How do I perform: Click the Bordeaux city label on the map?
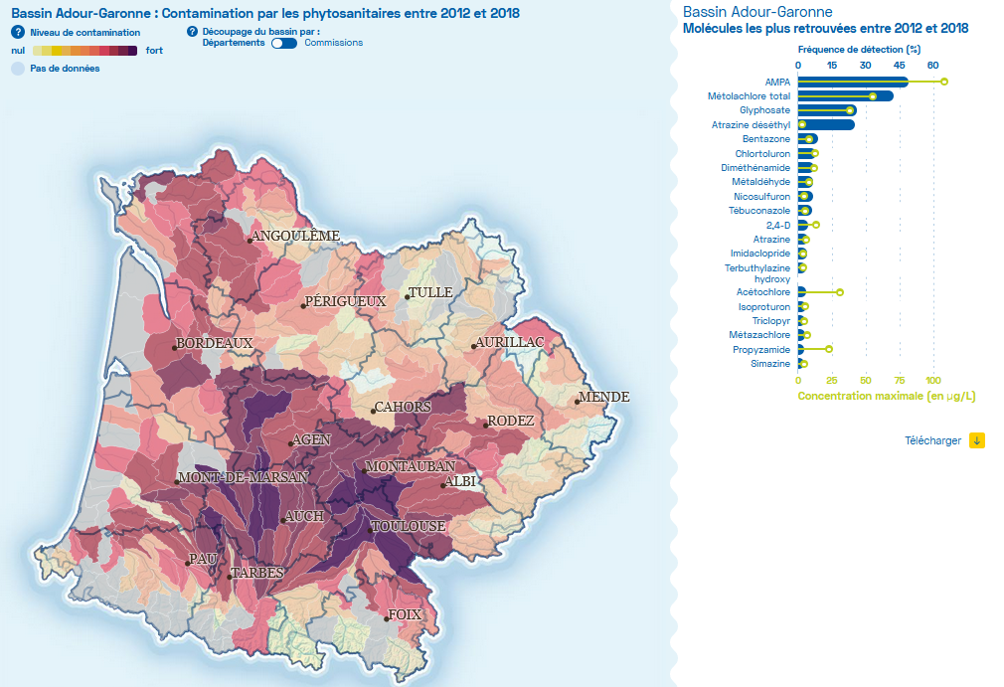click(x=215, y=343)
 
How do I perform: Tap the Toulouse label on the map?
click(x=409, y=526)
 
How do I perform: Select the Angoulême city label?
click(x=296, y=236)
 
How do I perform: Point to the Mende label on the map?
click(x=605, y=397)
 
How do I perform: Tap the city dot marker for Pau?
click(x=188, y=564)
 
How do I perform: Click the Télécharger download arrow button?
click(x=977, y=440)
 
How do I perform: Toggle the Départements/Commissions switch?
click(x=284, y=43)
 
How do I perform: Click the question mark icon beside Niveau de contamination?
click(x=17, y=32)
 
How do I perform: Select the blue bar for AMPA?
click(x=853, y=82)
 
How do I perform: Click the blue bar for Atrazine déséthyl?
click(x=826, y=124)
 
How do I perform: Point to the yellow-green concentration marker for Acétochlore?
click(x=840, y=292)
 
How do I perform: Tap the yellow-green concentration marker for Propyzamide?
click(x=829, y=349)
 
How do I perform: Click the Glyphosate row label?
click(x=764, y=110)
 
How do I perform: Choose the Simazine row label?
click(x=770, y=364)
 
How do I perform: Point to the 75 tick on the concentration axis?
click(x=900, y=381)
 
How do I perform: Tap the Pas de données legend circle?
click(x=18, y=69)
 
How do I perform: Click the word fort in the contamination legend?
click(x=154, y=50)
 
